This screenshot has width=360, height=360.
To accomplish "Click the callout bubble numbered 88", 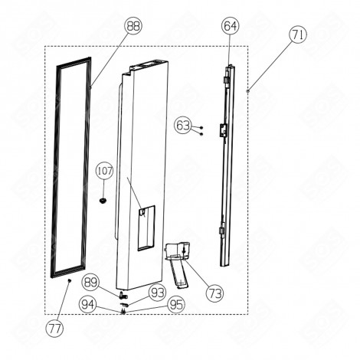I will pos(134,25).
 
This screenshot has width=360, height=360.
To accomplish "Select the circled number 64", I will pos(230,25).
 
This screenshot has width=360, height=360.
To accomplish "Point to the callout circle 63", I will pos(182,124).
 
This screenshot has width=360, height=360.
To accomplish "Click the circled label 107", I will pos(104,172).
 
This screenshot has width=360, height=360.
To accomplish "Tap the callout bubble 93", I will pos(157,292).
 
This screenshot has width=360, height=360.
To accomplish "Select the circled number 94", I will pos(90,303).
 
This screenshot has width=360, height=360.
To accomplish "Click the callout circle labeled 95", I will pos(175,303).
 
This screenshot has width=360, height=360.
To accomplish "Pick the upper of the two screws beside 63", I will pos(200,126).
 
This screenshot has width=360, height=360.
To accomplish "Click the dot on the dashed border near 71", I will pos(249,90).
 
